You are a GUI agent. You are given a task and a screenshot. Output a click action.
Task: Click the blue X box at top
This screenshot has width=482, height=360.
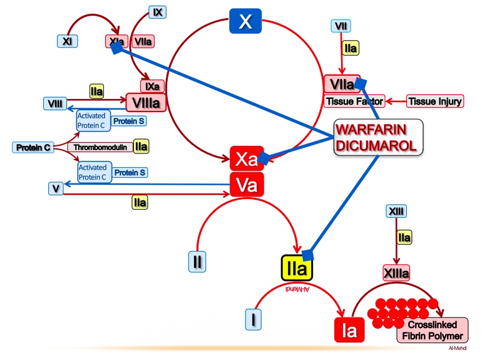tap(245, 21)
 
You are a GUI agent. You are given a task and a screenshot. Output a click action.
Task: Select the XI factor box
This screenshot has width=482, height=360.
tap(68, 41)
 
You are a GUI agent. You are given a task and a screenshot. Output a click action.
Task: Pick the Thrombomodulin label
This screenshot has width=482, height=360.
tap(99, 147)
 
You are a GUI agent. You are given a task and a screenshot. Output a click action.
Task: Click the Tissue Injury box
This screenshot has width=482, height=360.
tap(435, 101)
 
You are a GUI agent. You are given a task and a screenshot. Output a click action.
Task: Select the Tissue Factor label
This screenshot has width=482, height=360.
tap(354, 101)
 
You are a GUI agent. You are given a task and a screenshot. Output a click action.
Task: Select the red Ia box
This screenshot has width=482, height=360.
tap(349, 330)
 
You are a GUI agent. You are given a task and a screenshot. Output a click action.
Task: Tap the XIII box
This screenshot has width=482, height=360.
tap(396, 211)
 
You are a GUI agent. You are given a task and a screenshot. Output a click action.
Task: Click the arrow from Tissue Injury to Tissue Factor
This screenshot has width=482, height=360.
tap(395, 101)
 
